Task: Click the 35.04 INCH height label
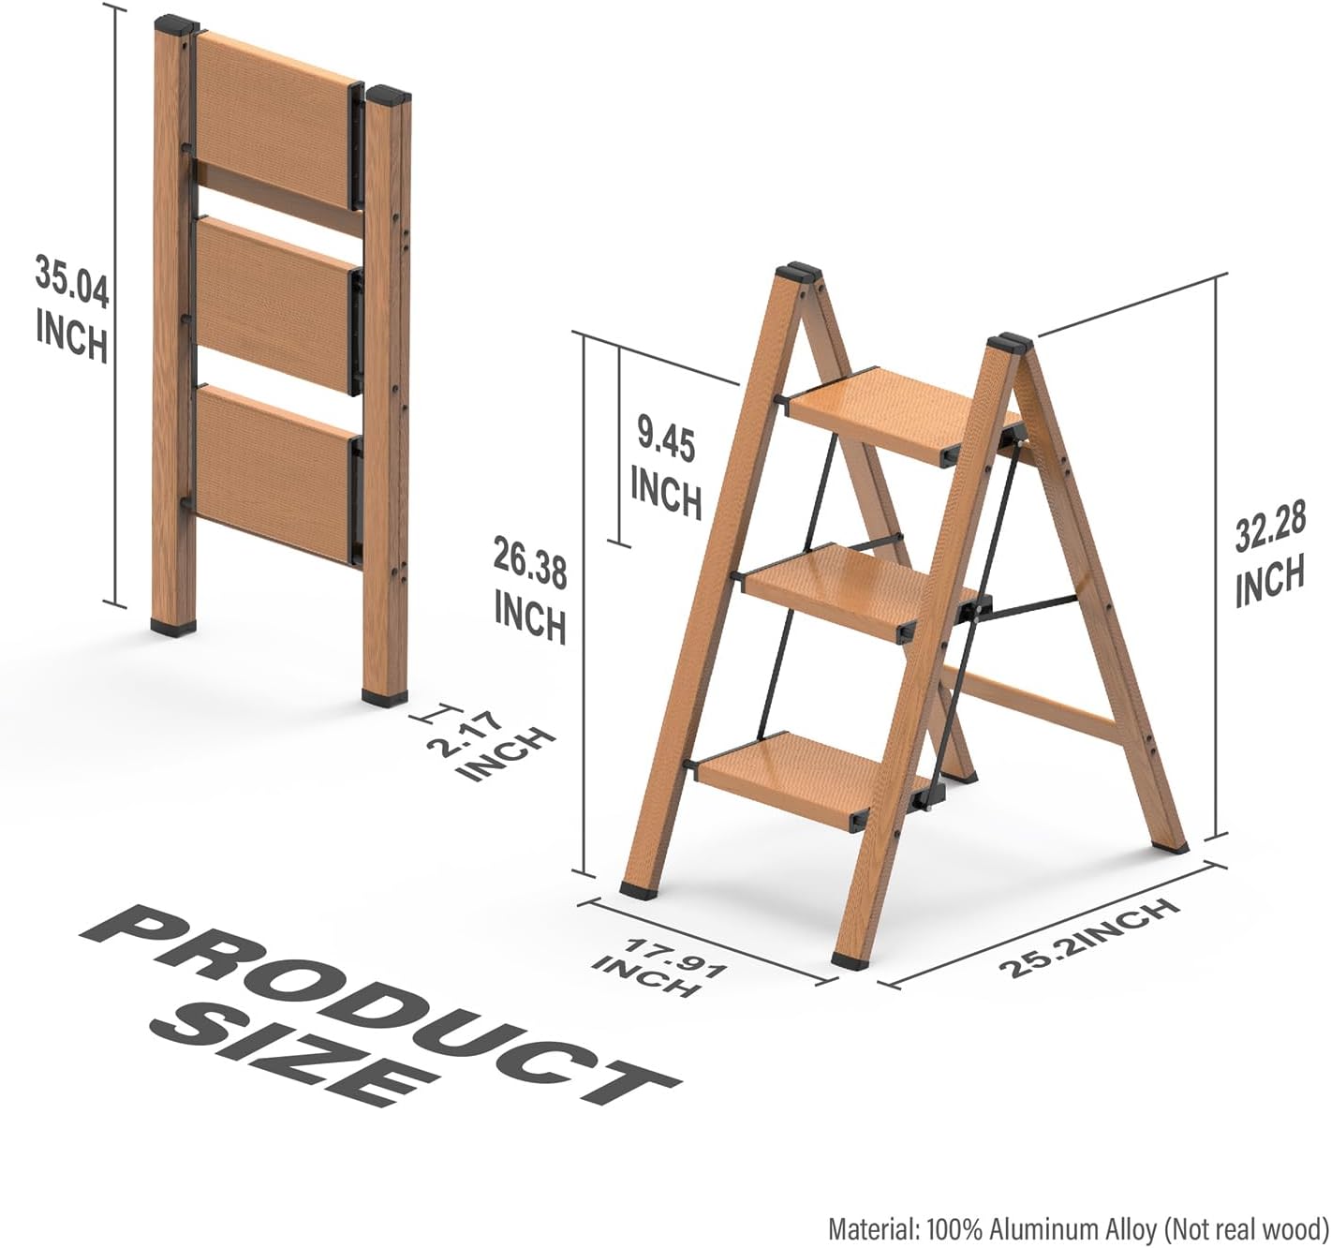(72, 308)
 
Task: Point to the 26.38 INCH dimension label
(530, 589)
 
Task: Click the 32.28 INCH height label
(1270, 555)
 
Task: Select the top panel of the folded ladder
(274, 121)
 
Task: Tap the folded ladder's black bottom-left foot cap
(174, 627)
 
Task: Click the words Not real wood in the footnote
(1246, 1227)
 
